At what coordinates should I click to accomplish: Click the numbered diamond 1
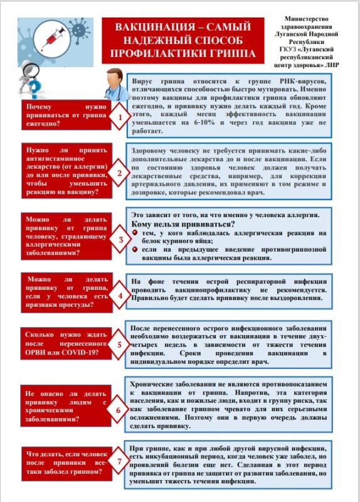(x=117, y=118)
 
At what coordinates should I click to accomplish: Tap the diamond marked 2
(x=117, y=174)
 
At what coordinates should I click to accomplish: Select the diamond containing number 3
(x=117, y=239)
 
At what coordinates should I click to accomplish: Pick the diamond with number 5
(x=117, y=346)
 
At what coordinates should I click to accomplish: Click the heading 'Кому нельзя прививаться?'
(x=183, y=225)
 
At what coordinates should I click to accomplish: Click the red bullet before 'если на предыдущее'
(x=136, y=249)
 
